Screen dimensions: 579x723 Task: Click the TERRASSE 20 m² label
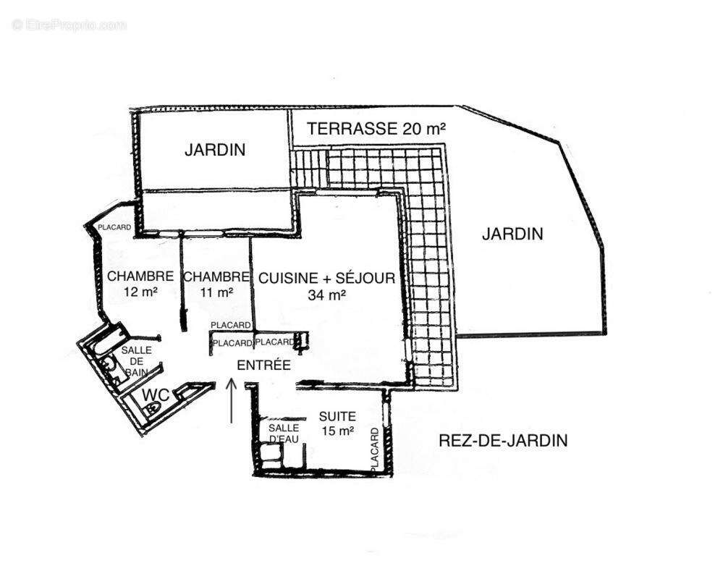(376, 129)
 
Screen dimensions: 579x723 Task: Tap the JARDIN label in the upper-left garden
(215, 151)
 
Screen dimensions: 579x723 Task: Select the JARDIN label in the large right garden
(512, 234)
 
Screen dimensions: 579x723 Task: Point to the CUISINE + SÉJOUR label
(326, 277)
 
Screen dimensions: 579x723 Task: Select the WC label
(155, 394)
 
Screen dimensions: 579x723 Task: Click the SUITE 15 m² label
(337, 423)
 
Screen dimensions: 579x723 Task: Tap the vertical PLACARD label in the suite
(375, 451)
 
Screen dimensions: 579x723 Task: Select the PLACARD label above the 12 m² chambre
(114, 227)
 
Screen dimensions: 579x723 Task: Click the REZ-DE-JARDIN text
(503, 440)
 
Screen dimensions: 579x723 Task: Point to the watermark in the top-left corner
(69, 25)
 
